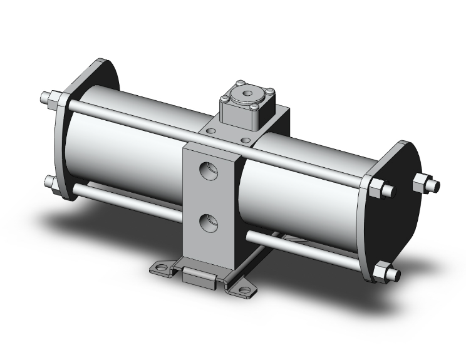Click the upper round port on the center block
pyautogui.click(x=209, y=170)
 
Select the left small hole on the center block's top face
pyautogui.click(x=211, y=131)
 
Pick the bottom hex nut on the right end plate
pyautogui.click(x=379, y=273)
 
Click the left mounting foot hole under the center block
pyautogui.click(x=162, y=268)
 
